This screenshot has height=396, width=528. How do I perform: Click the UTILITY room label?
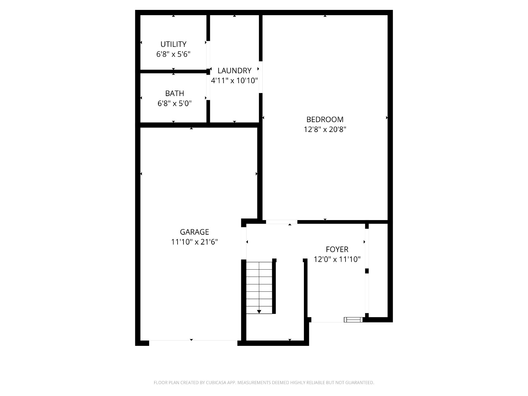point(173,44)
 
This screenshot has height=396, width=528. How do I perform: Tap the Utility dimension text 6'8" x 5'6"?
point(173,54)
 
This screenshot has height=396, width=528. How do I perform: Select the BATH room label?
point(174,93)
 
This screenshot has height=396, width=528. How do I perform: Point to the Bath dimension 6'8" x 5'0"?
point(174,103)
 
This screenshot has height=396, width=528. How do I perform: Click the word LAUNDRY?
point(234,71)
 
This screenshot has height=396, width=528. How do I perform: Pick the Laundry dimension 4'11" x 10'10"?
point(234,81)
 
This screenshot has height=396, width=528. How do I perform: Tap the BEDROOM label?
point(325,119)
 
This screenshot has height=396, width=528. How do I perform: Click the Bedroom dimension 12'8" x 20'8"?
point(325,130)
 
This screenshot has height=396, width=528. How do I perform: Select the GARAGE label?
point(194,232)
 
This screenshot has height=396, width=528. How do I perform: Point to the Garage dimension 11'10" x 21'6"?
point(194,242)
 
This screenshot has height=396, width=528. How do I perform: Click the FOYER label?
point(337,249)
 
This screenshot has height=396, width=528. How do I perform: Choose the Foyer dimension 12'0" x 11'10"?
point(337,259)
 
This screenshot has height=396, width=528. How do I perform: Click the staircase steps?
point(259,288)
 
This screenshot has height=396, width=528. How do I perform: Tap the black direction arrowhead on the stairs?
point(259,312)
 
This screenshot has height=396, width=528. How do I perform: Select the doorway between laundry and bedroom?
point(260,77)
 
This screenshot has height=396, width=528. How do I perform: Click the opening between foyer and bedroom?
point(281,222)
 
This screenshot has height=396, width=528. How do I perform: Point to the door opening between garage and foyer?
point(244,243)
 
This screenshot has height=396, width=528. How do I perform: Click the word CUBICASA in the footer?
point(216,382)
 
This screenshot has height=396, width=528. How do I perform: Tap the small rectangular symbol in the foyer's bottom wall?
point(353,320)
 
